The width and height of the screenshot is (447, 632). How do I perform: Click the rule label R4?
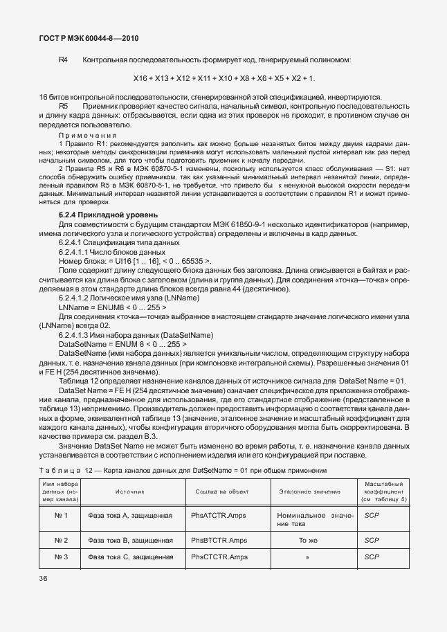pos(63,60)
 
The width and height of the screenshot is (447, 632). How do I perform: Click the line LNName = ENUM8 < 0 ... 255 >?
pos(113,306)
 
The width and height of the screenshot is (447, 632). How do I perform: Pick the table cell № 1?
pos(61,515)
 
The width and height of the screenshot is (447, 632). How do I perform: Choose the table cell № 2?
pos(61,540)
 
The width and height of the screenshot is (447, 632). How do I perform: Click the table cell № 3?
pos(61,557)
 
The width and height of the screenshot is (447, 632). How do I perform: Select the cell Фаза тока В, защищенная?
pos(130,540)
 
